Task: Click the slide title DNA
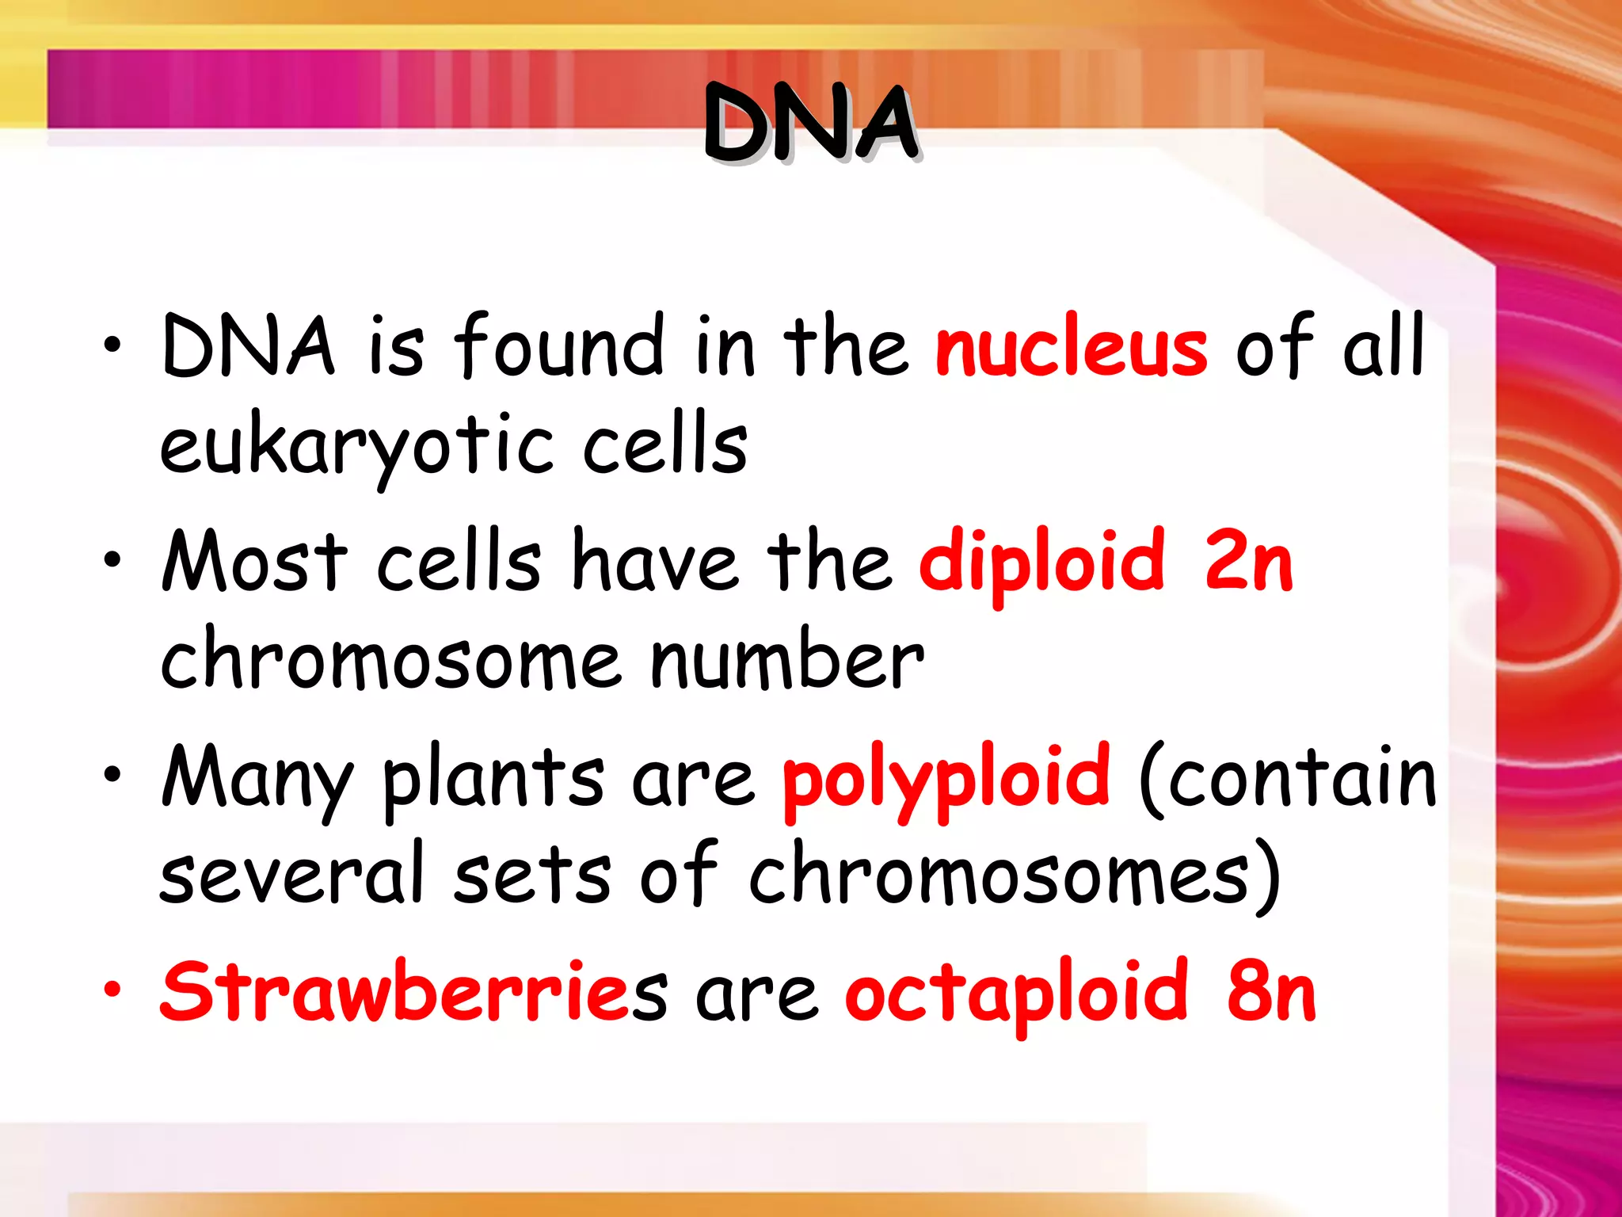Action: tap(811, 125)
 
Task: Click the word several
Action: tap(291, 874)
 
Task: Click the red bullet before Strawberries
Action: tap(112, 989)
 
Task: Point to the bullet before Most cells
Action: tap(112, 559)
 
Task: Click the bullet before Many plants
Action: tap(112, 774)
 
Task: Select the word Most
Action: tap(254, 561)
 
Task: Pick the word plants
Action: tap(493, 780)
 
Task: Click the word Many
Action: tap(257, 780)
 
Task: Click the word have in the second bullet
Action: tap(656, 561)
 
